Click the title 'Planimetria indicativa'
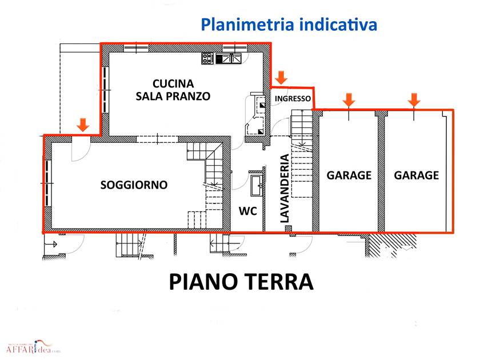pyautogui.click(x=289, y=25)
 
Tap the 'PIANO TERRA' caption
pyautogui.click(x=241, y=282)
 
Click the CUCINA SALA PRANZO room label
pyautogui.click(x=173, y=90)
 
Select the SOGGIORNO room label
pyautogui.click(x=134, y=185)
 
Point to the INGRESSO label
pyautogui.click(x=293, y=98)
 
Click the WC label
pyautogui.click(x=247, y=211)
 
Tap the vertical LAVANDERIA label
pyautogui.click(x=285, y=188)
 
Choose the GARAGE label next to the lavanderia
pyautogui.click(x=349, y=175)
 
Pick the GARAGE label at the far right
pyautogui.click(x=417, y=175)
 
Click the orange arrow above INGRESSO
pyautogui.click(x=281, y=78)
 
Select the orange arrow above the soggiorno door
pyautogui.click(x=83, y=125)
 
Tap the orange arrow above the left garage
pyautogui.click(x=349, y=100)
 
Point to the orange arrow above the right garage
pyautogui.click(x=414, y=100)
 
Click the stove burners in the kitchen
pyautogui.click(x=207, y=58)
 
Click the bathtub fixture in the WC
pyautogui.click(x=257, y=185)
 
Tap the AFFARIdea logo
pyautogui.click(x=33, y=347)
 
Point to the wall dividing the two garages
pyautogui.click(x=381, y=171)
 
